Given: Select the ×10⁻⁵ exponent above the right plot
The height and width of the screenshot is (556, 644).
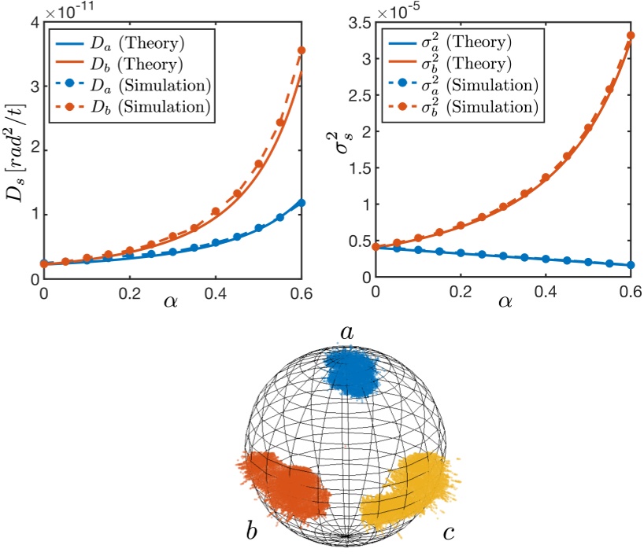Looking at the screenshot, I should pos(403,9).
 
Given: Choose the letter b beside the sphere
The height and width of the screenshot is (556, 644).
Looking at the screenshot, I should pos(251,532).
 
